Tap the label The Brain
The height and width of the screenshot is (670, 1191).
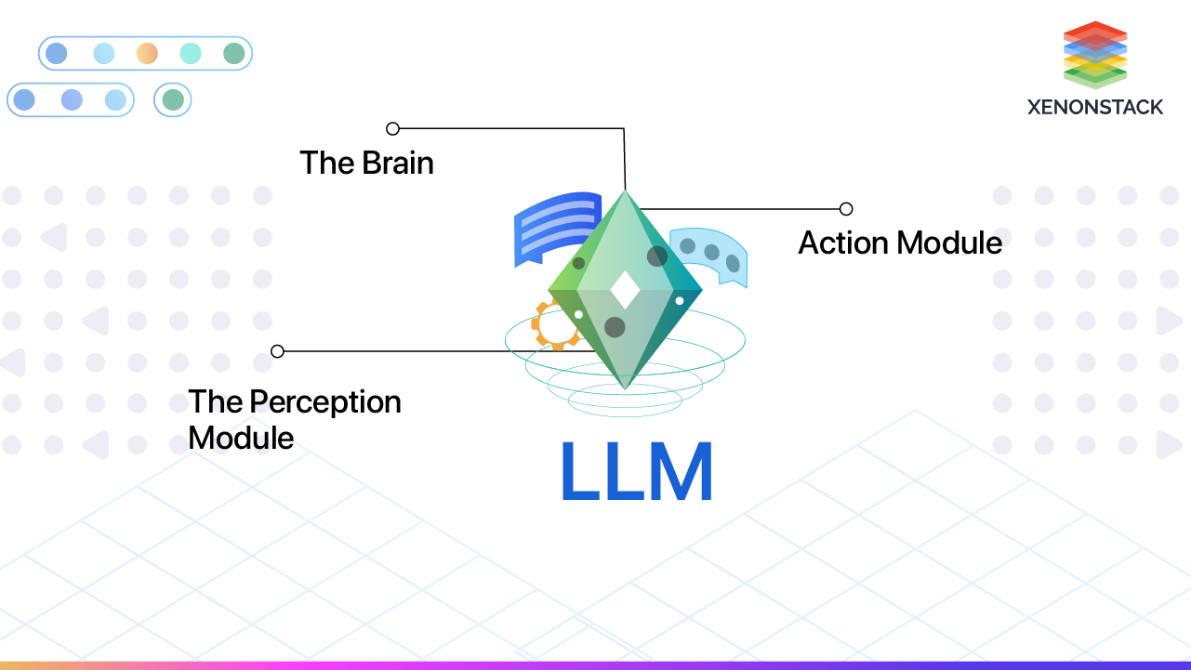pyautogui.click(x=366, y=163)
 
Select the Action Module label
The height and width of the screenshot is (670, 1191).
pyautogui.click(x=900, y=243)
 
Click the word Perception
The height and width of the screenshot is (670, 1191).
pyautogui.click(x=325, y=402)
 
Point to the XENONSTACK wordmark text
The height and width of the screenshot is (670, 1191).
pyautogui.click(x=1094, y=107)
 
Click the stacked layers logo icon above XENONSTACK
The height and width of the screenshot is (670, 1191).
pyautogui.click(x=1094, y=54)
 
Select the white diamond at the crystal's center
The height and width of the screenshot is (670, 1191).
pyautogui.click(x=625, y=290)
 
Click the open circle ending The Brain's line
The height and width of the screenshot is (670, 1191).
pyautogui.click(x=392, y=128)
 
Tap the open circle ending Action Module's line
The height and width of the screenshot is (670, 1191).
pyautogui.click(x=846, y=209)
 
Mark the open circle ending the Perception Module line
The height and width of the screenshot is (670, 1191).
pyautogui.click(x=277, y=351)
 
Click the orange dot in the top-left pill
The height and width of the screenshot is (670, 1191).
pyautogui.click(x=147, y=54)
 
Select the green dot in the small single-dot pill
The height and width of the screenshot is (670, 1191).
pyautogui.click(x=173, y=99)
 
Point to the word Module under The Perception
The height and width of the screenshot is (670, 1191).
pyautogui.click(x=241, y=438)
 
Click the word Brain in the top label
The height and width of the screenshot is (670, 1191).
pyautogui.click(x=398, y=163)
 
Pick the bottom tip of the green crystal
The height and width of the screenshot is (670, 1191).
pyautogui.click(x=626, y=387)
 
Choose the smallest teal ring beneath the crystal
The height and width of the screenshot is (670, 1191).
pyautogui.click(x=625, y=401)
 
